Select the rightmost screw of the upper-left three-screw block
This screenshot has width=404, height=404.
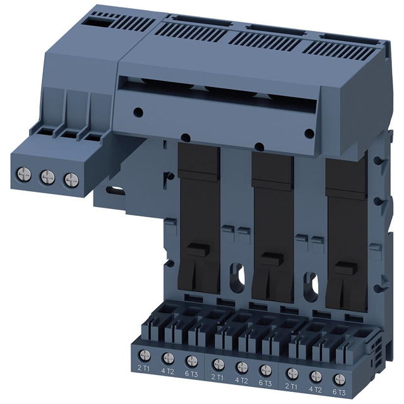pyautogui.click(x=68, y=178)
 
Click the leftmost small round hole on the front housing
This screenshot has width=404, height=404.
pyautogui.click(x=140, y=111)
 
